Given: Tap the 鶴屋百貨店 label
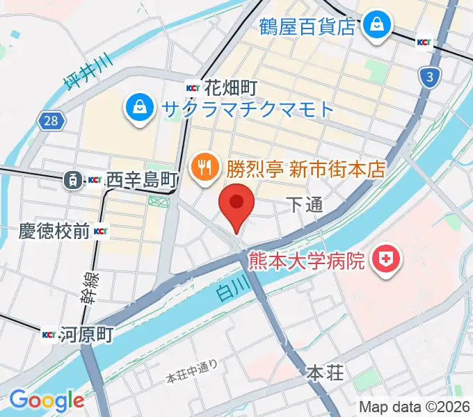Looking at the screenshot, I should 307,26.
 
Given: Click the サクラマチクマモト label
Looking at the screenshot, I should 248,108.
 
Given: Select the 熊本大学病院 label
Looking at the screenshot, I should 307,261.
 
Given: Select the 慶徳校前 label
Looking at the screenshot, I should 54,231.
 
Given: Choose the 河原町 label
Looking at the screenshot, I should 86,335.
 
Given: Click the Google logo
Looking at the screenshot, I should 46,400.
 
